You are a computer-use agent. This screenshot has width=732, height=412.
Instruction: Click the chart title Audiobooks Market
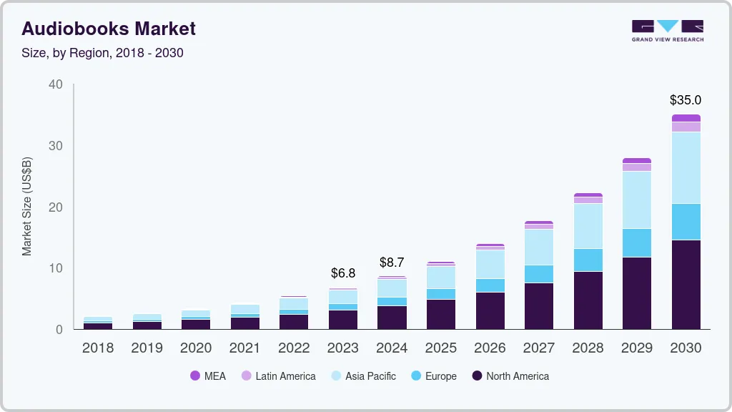(x=109, y=29)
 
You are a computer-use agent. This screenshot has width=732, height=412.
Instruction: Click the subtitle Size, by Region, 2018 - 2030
(x=103, y=53)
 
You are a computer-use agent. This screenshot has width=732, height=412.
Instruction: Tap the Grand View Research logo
(x=667, y=30)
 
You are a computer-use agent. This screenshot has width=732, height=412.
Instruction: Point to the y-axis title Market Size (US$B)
(x=27, y=206)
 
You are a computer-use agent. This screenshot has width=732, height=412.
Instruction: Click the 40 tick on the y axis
(x=56, y=84)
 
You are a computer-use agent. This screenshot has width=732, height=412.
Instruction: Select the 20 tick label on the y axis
(x=56, y=207)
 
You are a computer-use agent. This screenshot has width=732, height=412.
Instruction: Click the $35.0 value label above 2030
(x=686, y=100)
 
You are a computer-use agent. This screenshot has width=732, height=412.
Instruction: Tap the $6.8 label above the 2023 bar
(x=343, y=273)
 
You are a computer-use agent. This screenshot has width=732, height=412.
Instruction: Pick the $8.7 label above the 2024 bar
(x=392, y=263)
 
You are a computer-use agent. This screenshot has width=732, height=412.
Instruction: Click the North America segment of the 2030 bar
(x=686, y=285)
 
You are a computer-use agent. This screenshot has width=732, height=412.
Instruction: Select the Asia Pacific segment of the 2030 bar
(x=686, y=168)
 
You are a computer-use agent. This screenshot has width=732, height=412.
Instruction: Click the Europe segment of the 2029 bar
(x=637, y=243)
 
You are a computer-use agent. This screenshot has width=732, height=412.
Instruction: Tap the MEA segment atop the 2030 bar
(x=686, y=118)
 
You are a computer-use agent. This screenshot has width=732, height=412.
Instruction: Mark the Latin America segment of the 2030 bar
(x=686, y=127)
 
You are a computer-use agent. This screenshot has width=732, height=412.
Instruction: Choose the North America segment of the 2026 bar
(x=490, y=310)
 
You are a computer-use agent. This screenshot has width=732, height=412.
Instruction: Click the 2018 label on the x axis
(x=98, y=348)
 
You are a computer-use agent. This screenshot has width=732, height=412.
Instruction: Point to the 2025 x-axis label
(x=441, y=348)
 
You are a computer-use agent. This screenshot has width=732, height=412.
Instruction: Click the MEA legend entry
(x=208, y=376)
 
